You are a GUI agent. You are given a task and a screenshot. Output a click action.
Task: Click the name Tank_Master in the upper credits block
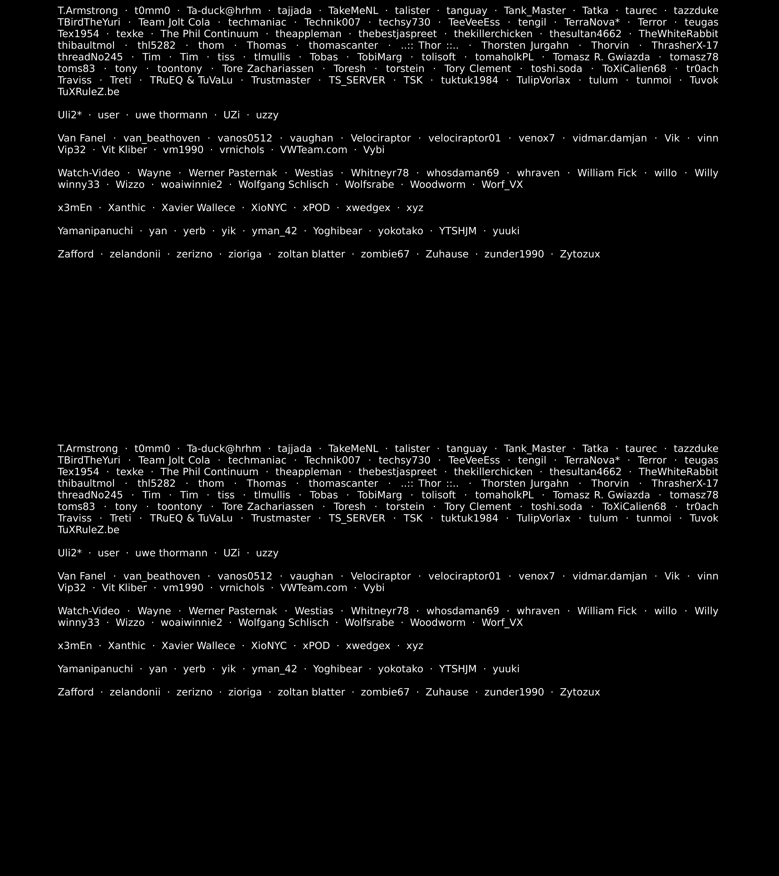coord(535,11)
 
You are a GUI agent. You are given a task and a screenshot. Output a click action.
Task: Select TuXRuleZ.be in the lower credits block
coord(88,530)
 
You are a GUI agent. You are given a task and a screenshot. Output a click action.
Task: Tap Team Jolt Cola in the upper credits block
coord(174,22)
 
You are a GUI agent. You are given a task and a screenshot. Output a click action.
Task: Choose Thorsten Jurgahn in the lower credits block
coord(525,483)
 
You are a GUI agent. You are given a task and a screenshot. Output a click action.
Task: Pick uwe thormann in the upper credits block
coord(171,115)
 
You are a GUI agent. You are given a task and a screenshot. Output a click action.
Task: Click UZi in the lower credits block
coord(232,553)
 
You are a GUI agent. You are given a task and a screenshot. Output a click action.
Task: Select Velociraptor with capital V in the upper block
coord(380,138)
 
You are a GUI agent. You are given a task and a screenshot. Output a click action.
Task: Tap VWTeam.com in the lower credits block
coord(313,588)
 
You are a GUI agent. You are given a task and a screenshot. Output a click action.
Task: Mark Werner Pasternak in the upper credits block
coord(233,173)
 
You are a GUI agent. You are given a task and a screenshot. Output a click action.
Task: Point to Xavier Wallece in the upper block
coord(198,208)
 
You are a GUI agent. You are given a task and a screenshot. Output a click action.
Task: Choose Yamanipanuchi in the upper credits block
coord(95,231)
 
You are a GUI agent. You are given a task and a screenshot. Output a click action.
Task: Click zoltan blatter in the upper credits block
coord(311,254)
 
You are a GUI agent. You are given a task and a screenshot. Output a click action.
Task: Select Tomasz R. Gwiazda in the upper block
coord(601,57)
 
